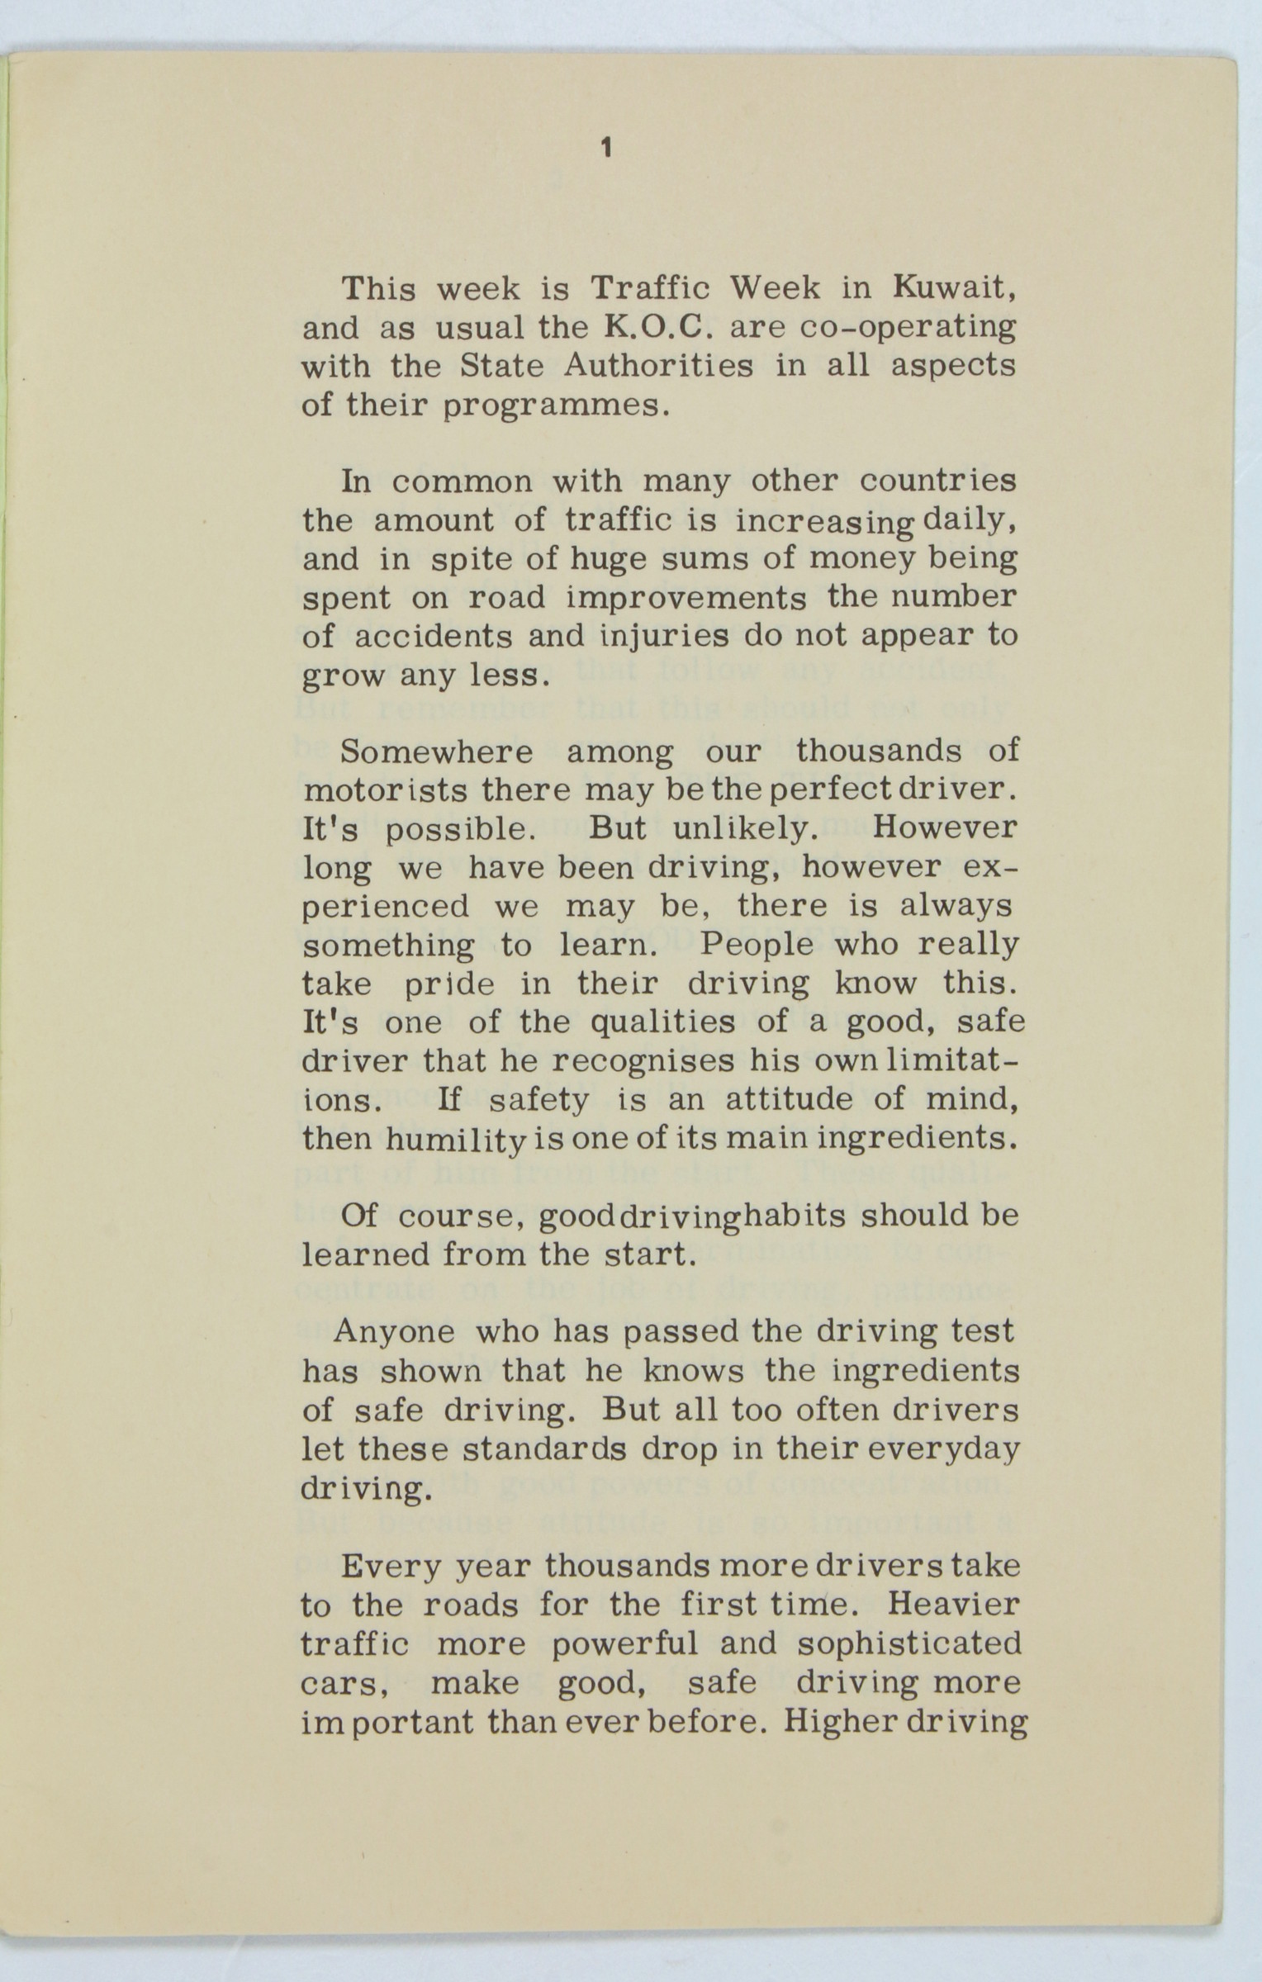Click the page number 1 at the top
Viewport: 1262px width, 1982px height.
[x=607, y=149]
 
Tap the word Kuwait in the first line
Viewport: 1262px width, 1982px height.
[x=954, y=289]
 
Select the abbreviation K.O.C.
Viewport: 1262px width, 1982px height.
[x=658, y=328]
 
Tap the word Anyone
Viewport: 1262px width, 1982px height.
[x=394, y=1332]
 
